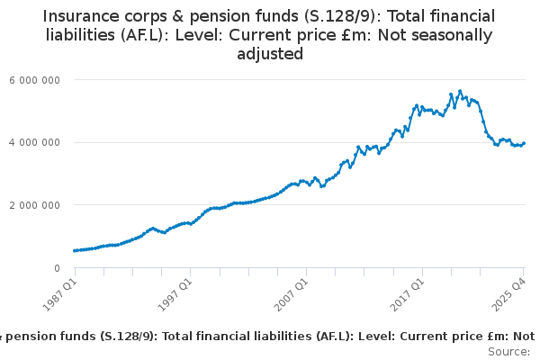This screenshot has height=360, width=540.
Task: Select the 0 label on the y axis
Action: [x=56, y=268]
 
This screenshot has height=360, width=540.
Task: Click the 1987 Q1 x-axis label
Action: [x=59, y=294]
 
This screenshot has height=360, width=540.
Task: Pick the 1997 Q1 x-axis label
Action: [x=175, y=294]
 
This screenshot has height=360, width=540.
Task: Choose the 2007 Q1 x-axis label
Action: [x=291, y=294]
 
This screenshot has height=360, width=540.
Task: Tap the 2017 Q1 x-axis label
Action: [x=407, y=294]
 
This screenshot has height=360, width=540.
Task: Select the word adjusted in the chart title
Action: [x=270, y=54]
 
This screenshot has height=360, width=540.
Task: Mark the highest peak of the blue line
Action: [x=460, y=91]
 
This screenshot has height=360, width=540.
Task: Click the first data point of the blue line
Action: [x=75, y=251]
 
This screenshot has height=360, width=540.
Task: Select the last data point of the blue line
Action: [x=525, y=143]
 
